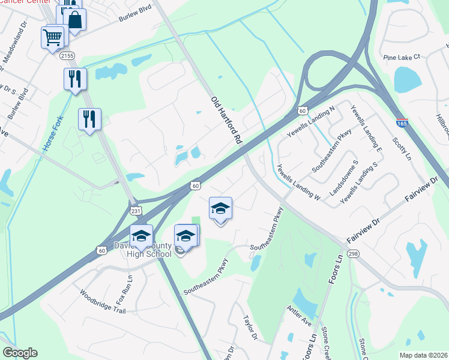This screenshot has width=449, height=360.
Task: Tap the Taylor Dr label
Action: click(x=250, y=328)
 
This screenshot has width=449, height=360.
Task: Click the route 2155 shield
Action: click(x=67, y=55)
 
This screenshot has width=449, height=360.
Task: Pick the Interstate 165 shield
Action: click(x=402, y=122)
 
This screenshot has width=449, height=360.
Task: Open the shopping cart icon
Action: click(x=52, y=37)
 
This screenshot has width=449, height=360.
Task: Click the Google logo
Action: click(x=20, y=353)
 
